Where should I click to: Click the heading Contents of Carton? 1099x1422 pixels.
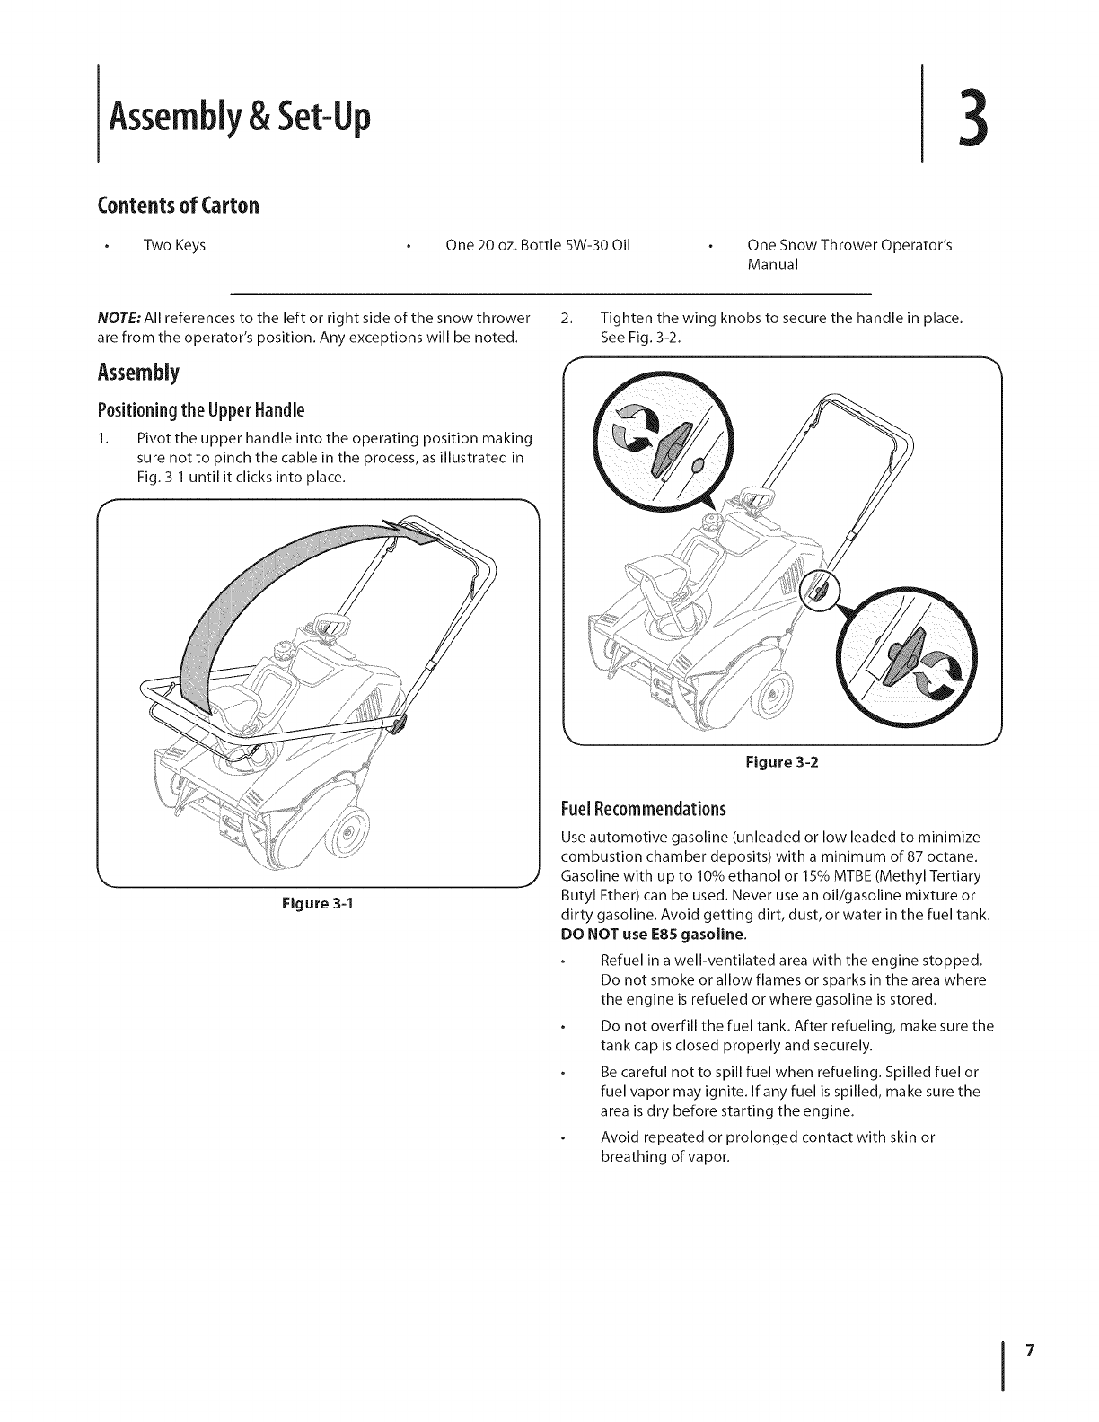[x=179, y=206]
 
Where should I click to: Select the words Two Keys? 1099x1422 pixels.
[x=174, y=246]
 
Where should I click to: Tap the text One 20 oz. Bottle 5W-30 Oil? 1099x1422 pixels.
[x=538, y=246]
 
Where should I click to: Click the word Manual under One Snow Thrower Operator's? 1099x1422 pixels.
[x=772, y=266]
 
